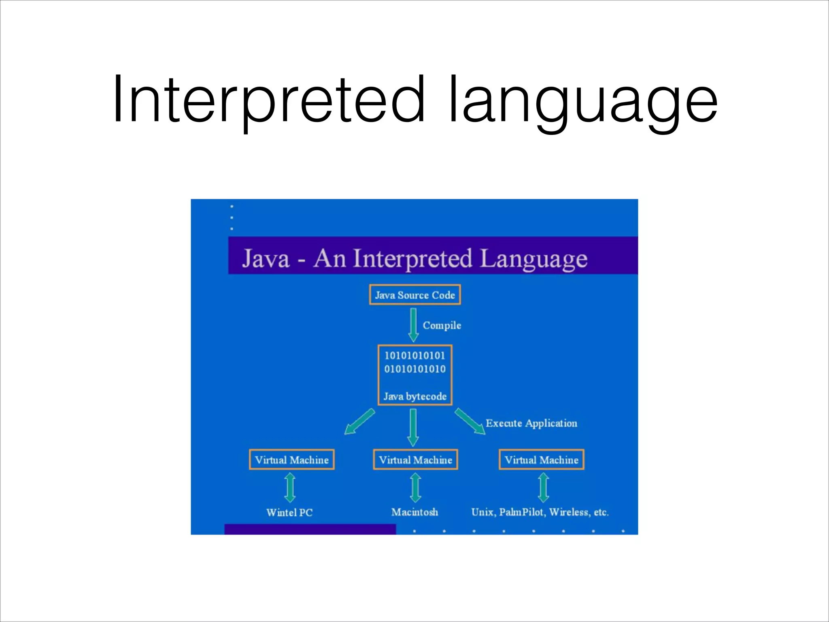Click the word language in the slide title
583,101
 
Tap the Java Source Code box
415,295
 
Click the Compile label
442,325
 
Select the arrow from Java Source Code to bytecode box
413,324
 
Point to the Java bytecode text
415,396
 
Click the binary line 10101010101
415,356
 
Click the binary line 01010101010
415,369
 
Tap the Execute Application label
531,423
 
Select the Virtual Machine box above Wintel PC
292,460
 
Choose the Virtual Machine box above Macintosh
415,460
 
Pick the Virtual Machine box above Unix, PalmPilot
541,460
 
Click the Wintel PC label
289,512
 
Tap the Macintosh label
414,512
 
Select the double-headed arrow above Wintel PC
290,488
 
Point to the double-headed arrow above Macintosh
415,488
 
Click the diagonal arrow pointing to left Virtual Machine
359,422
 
